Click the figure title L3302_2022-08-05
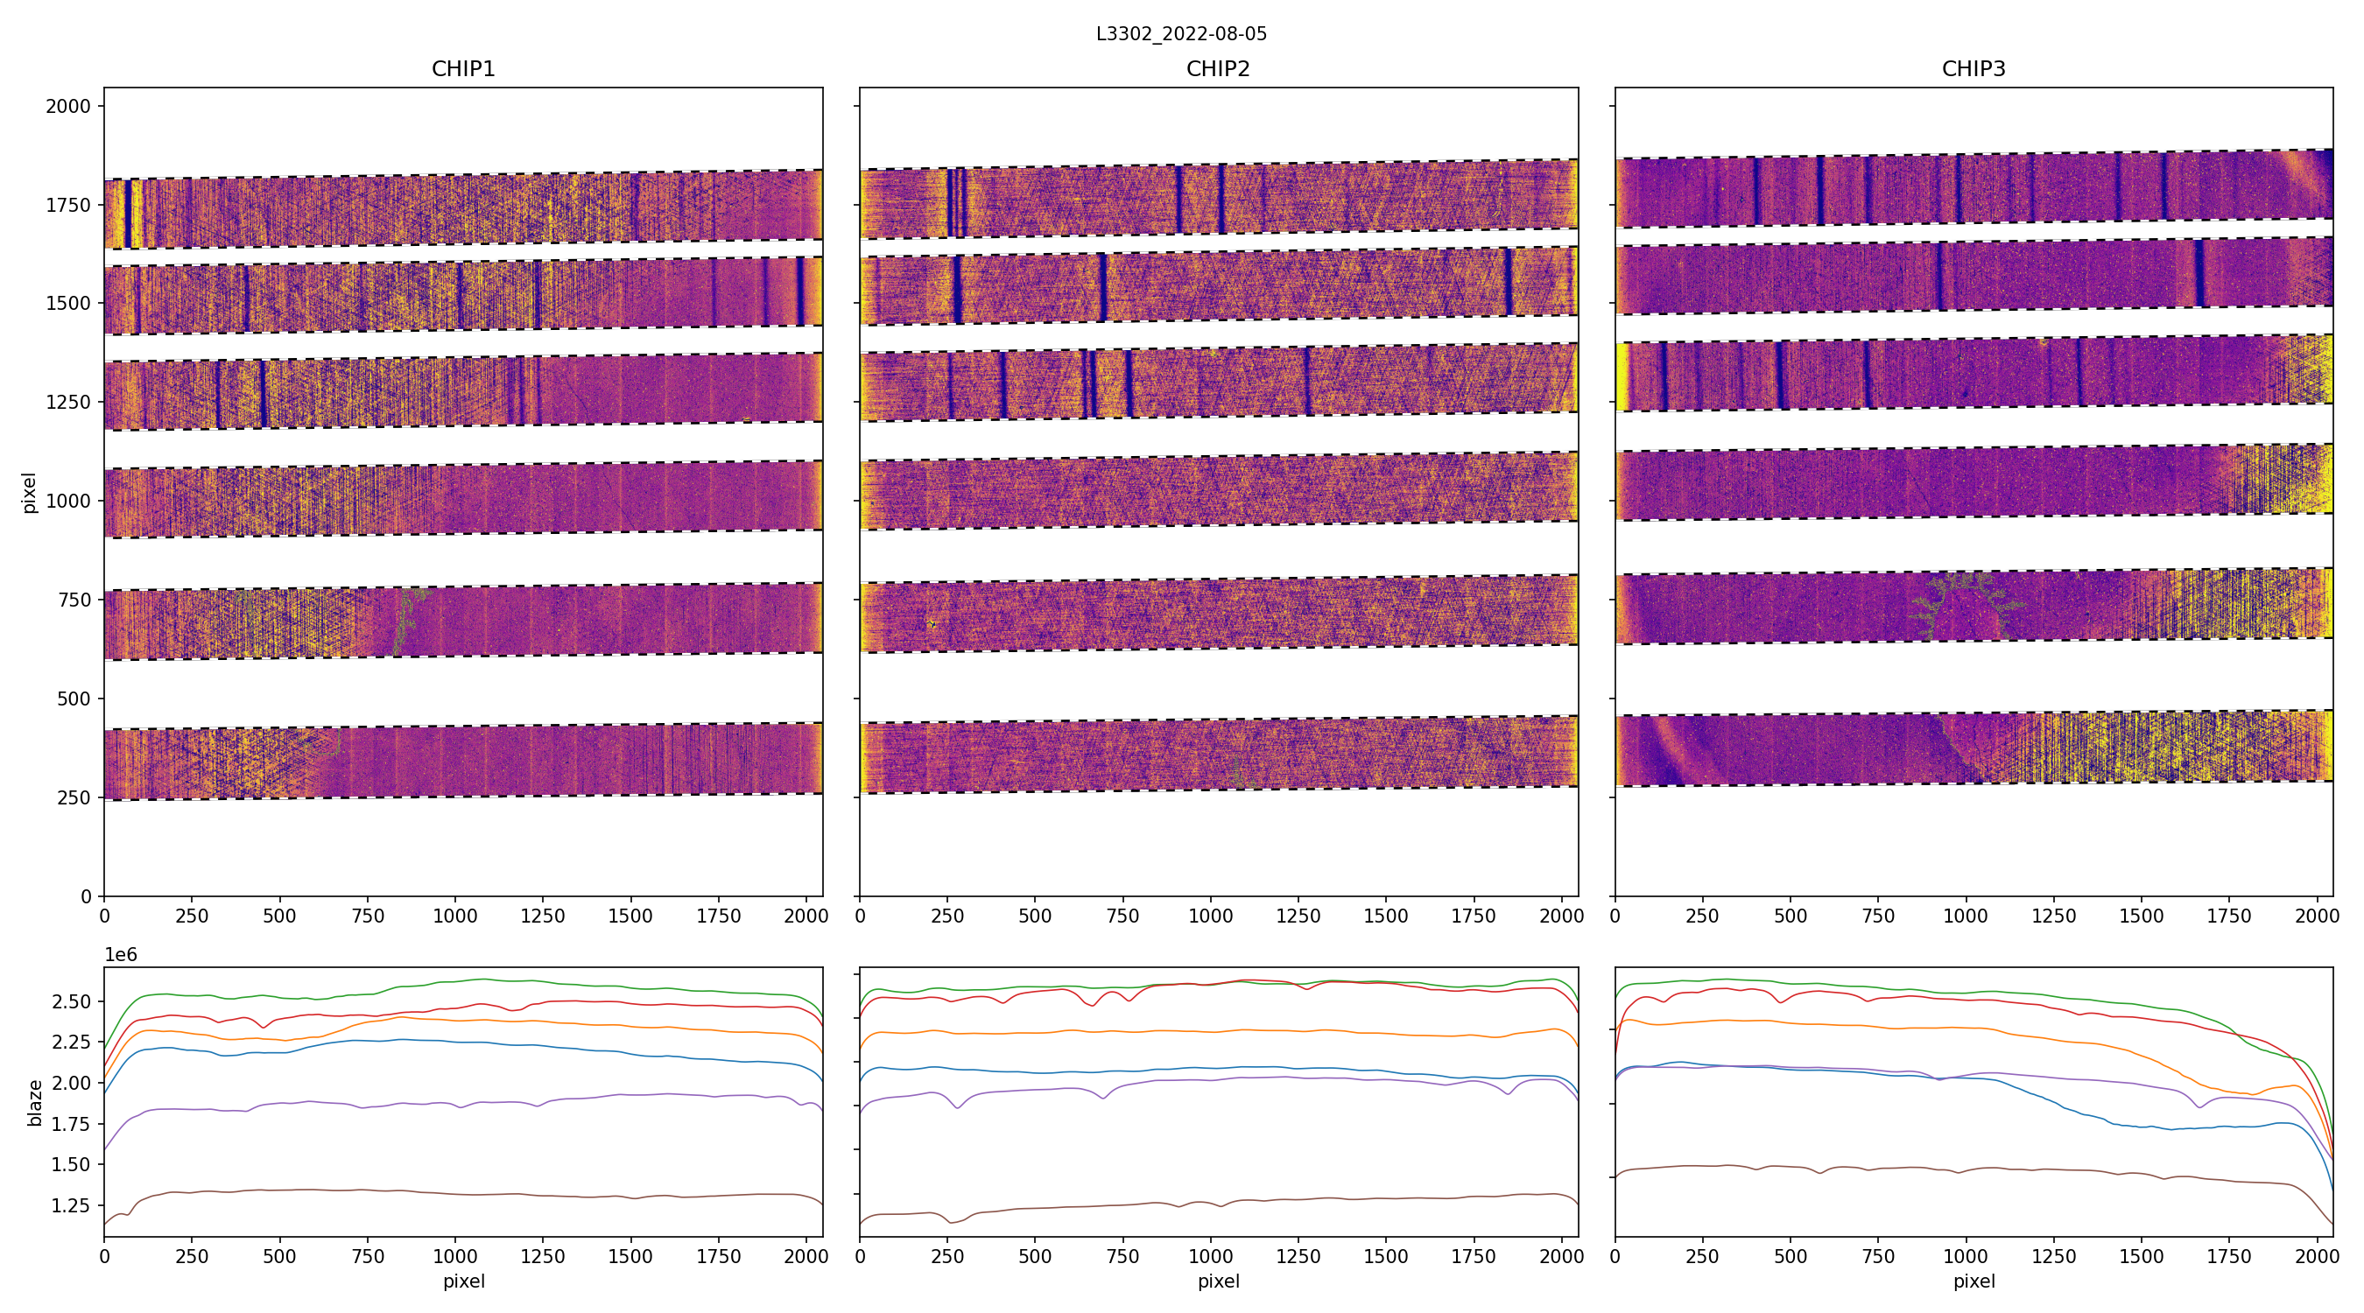click(1181, 34)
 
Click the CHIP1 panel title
click(463, 69)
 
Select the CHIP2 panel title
click(1218, 69)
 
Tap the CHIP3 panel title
click(1973, 69)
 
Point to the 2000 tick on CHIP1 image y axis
click(69, 107)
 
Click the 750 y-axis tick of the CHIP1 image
click(74, 600)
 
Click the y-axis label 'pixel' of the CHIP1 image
click(30, 493)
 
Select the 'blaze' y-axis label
click(35, 1102)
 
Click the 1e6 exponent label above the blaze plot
click(120, 955)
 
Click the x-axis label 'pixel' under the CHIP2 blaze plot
click(1218, 1281)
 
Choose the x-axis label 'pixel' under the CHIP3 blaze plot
click(1973, 1281)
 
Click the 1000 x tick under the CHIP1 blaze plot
click(455, 1256)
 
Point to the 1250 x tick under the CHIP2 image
click(1298, 916)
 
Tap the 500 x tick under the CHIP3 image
click(1791, 916)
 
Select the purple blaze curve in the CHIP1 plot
click(459, 1103)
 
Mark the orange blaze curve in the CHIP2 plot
click(1218, 1031)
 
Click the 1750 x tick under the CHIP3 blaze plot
click(2229, 1256)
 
